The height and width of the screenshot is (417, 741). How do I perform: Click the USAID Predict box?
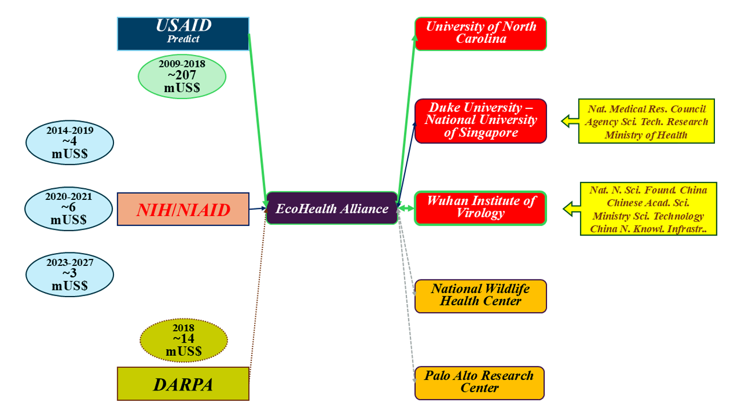(x=183, y=33)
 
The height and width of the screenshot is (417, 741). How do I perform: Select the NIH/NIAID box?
(x=183, y=209)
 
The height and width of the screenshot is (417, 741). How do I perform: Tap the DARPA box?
(x=183, y=384)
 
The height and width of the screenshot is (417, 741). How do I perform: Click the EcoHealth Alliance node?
(x=332, y=208)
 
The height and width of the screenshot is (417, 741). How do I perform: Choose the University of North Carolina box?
(x=481, y=34)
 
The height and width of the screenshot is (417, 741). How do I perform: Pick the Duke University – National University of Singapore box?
(x=481, y=121)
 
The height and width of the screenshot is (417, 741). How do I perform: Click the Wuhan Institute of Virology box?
(x=481, y=208)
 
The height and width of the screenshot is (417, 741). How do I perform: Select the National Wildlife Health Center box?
(x=481, y=296)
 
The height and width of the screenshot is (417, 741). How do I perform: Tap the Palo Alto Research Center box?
(x=480, y=382)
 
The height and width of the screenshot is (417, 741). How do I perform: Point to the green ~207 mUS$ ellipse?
(x=182, y=76)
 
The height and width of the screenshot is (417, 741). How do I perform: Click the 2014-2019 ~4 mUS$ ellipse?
(x=69, y=142)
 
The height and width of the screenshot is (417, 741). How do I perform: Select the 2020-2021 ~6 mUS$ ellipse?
(x=69, y=209)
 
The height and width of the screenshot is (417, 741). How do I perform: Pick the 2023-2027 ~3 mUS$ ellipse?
(x=69, y=274)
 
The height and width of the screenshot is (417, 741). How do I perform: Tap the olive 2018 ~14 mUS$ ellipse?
(x=184, y=341)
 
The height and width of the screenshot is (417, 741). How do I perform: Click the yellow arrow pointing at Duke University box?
(x=569, y=121)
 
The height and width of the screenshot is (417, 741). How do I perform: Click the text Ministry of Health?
(x=646, y=135)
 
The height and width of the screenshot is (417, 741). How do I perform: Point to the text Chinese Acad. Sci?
(x=647, y=202)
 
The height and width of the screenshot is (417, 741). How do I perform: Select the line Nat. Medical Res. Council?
(x=646, y=109)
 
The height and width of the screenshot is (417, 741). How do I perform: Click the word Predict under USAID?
(x=183, y=39)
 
